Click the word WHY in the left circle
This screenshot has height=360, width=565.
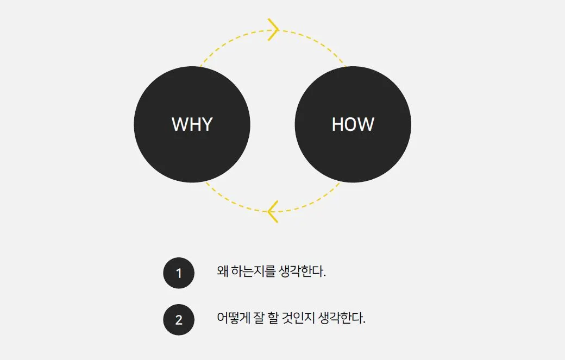(192, 124)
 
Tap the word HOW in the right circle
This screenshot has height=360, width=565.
(353, 124)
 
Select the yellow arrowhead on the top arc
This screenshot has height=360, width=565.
(273, 29)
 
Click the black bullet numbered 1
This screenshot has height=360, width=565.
(179, 273)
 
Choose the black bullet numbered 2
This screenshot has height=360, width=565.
(179, 320)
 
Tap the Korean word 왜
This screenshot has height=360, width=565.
(222, 271)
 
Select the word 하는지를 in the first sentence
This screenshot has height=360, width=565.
(253, 271)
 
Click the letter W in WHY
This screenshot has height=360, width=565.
(179, 124)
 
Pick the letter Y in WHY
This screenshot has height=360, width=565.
(206, 124)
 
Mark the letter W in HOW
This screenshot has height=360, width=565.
(367, 124)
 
